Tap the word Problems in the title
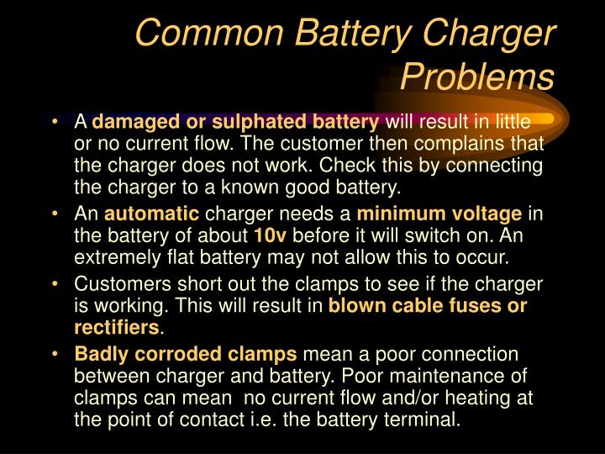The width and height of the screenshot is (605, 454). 476,77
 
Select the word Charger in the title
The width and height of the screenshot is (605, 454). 495,34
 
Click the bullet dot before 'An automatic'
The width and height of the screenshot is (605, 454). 55,214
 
